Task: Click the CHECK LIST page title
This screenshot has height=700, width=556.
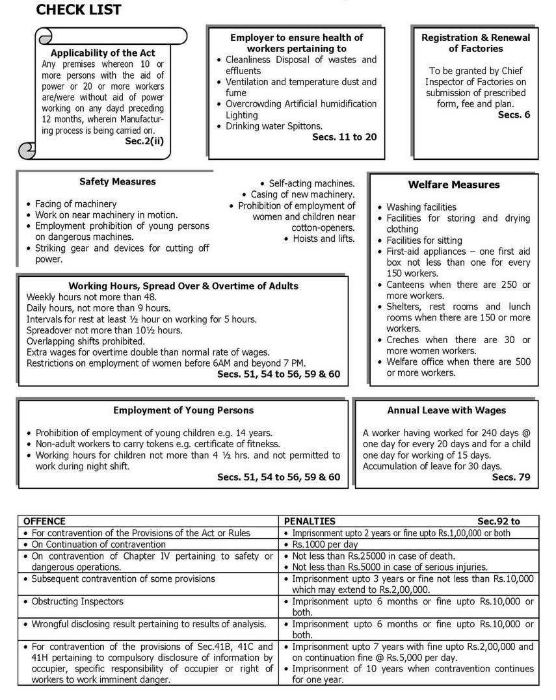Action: tap(79, 10)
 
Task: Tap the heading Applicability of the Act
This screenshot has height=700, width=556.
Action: tap(103, 53)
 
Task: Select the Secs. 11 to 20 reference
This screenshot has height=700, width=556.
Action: tap(344, 137)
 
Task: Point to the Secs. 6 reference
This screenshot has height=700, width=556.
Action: tap(514, 114)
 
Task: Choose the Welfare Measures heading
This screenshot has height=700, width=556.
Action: tap(454, 185)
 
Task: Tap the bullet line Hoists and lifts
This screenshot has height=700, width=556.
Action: tap(319, 239)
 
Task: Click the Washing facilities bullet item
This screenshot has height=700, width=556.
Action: tap(421, 207)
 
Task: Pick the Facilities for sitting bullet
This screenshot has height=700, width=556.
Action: tap(424, 240)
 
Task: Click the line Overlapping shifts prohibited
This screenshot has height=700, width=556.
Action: tap(85, 341)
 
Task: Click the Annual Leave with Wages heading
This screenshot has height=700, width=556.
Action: tap(446, 410)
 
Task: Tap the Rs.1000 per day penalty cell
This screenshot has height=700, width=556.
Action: tap(325, 544)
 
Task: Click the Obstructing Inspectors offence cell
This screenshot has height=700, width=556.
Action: tap(77, 601)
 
